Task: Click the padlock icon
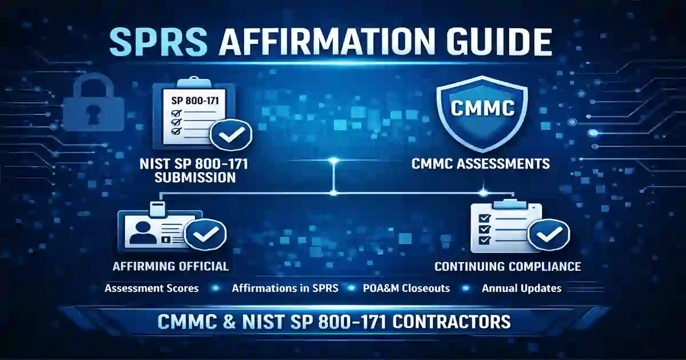click(x=90, y=106)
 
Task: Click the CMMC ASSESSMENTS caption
click(x=481, y=164)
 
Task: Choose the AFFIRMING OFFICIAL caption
click(x=171, y=266)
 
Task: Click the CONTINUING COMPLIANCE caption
click(x=508, y=266)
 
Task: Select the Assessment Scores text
click(x=151, y=288)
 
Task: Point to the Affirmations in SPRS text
click(x=285, y=288)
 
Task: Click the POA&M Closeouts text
click(x=407, y=288)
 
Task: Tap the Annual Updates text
click(x=521, y=288)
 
